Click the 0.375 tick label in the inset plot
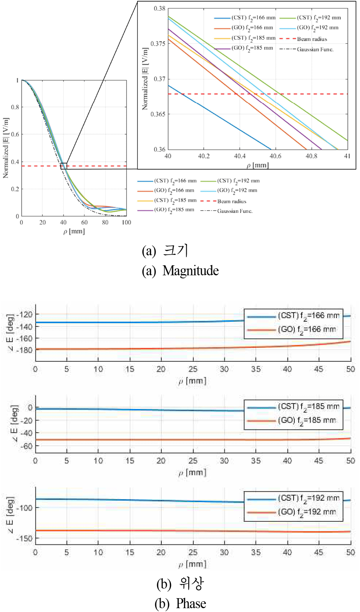tap(158, 44)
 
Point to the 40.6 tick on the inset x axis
tap(275, 156)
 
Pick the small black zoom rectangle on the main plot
tap(64, 166)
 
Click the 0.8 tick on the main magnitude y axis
tap(15, 107)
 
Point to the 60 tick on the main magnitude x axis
tap(85, 222)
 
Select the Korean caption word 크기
tap(176, 250)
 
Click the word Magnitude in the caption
tap(191, 271)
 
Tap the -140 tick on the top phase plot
tap(24, 326)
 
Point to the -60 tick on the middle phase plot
tap(26, 446)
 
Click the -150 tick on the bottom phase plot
tap(24, 538)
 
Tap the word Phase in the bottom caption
tap(191, 604)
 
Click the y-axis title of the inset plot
tap(145, 79)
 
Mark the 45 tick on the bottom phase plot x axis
tap(319, 552)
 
